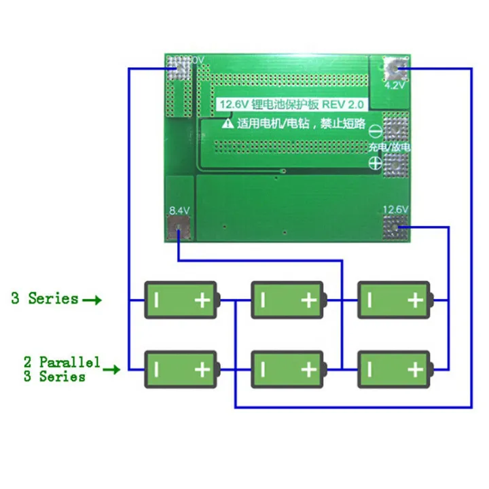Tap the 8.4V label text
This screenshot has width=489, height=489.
pyautogui.click(x=179, y=210)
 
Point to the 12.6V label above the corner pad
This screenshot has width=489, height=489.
pyautogui.click(x=396, y=210)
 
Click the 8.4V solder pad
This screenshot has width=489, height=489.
pyautogui.click(x=179, y=230)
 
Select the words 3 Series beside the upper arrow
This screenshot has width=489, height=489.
pyautogui.click(x=44, y=298)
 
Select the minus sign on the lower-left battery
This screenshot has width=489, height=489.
pyautogui.click(x=156, y=369)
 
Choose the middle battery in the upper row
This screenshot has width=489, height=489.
pyautogui.click(x=288, y=300)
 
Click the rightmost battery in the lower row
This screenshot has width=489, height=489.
pyautogui.click(x=395, y=369)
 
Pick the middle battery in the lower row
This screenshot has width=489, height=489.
pyautogui.click(x=288, y=369)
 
